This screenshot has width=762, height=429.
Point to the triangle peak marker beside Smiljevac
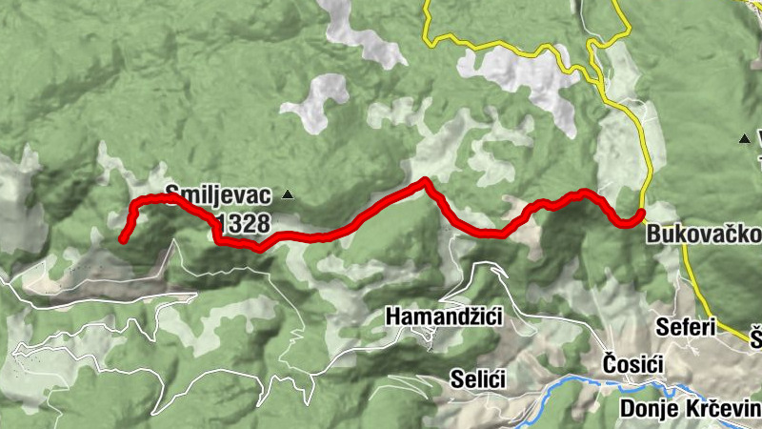(x=288, y=195)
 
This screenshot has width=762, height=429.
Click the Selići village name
(x=478, y=378)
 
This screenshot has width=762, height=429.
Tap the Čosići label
(x=633, y=362)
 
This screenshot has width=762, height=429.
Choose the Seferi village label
(x=686, y=327)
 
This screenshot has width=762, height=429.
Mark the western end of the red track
(x=123, y=239)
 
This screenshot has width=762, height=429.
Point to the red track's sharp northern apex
(x=424, y=180)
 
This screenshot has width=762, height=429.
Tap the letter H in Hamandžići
(x=392, y=316)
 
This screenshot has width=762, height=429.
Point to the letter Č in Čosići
(x=611, y=361)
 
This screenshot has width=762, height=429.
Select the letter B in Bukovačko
(x=653, y=235)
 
